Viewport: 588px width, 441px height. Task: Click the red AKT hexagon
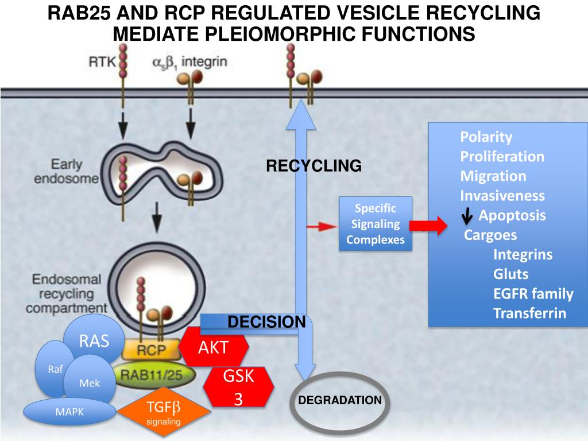pyautogui.click(x=213, y=347)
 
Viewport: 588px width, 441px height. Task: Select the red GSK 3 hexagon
pyautogui.click(x=238, y=386)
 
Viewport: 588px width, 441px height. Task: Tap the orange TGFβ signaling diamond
pyautogui.click(x=164, y=412)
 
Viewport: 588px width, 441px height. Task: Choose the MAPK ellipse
pyautogui.click(x=69, y=412)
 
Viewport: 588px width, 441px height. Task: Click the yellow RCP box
pyautogui.click(x=151, y=350)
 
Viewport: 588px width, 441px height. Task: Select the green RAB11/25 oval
pyautogui.click(x=152, y=374)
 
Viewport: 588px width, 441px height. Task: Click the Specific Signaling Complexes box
pyautogui.click(x=376, y=224)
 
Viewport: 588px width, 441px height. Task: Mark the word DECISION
pyautogui.click(x=266, y=322)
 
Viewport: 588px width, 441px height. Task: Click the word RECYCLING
pyautogui.click(x=314, y=166)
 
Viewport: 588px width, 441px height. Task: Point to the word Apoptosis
pyautogui.click(x=512, y=215)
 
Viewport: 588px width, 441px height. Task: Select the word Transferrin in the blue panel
pyautogui.click(x=529, y=313)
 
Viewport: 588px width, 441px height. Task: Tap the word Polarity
pyautogui.click(x=486, y=137)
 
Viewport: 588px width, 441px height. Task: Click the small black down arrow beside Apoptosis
pyautogui.click(x=467, y=216)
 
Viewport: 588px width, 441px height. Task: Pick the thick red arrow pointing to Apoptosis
pyautogui.click(x=428, y=225)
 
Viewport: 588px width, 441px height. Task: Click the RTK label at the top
pyautogui.click(x=102, y=61)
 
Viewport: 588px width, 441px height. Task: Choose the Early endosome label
pyautogui.click(x=67, y=171)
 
